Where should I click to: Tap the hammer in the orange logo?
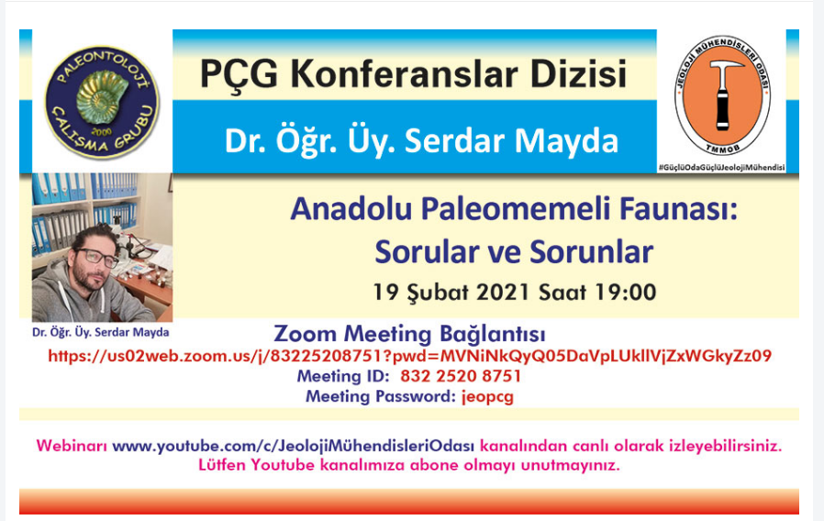[x=724, y=94]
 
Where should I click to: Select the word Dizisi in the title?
[x=578, y=73]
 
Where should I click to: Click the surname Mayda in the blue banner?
[x=566, y=140]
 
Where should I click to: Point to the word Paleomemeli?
[x=516, y=208]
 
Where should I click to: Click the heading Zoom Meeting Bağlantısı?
[x=409, y=334]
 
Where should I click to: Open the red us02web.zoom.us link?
[x=409, y=356]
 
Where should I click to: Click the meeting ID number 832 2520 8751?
[x=461, y=376]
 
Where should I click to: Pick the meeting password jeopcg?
[x=487, y=396]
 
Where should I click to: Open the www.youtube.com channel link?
[x=294, y=446]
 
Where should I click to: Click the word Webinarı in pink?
[x=72, y=446]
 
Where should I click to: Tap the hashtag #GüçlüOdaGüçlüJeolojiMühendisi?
[x=721, y=168]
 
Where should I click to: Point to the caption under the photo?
[x=101, y=332]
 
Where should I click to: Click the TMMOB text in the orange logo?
[x=722, y=150]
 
